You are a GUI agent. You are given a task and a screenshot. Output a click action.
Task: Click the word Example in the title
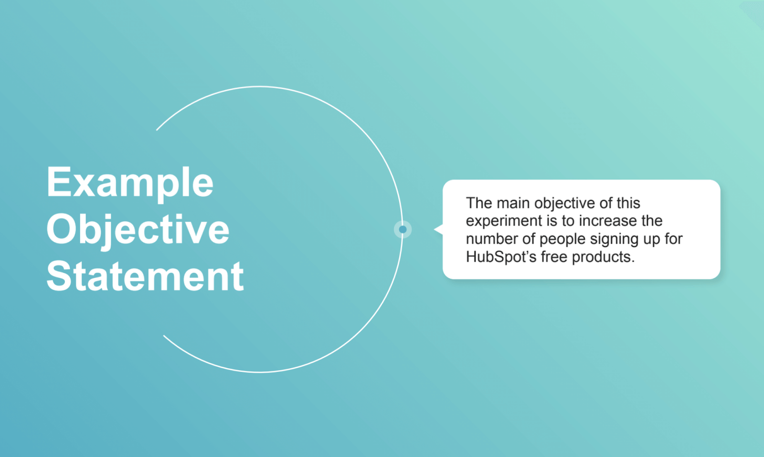pos(130,183)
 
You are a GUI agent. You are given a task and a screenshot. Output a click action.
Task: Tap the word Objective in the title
pos(138,230)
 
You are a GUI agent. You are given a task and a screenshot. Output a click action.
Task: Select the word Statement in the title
pos(145,276)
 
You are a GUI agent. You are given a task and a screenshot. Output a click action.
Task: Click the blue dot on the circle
pos(403,230)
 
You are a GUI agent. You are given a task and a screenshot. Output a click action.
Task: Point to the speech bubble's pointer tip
pos(435,230)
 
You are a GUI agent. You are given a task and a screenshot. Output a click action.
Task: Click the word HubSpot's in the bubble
pos(501,257)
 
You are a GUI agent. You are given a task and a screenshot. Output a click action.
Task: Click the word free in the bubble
pos(554,257)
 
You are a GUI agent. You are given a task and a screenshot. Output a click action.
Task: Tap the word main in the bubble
pos(513,203)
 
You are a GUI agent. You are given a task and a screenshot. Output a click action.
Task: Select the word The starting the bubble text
pos(478,203)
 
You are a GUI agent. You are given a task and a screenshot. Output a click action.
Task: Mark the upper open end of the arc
pos(157,129)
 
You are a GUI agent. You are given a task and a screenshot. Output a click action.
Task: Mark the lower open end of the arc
pos(164,336)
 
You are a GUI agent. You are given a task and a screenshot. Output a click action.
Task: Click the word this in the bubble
pos(628,203)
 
